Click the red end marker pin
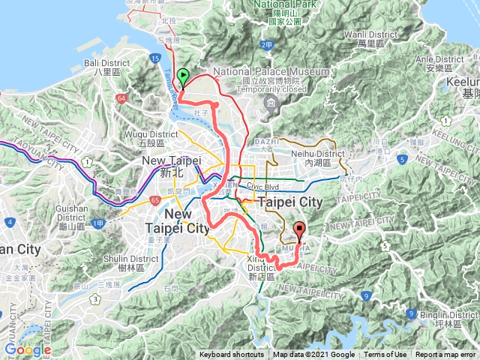click(x=300, y=231)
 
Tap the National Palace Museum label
click(x=271, y=71)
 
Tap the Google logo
click(x=28, y=349)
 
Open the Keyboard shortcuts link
click(x=232, y=355)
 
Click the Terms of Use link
click(x=386, y=355)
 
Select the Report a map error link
click(x=445, y=355)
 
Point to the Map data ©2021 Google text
click(x=314, y=355)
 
